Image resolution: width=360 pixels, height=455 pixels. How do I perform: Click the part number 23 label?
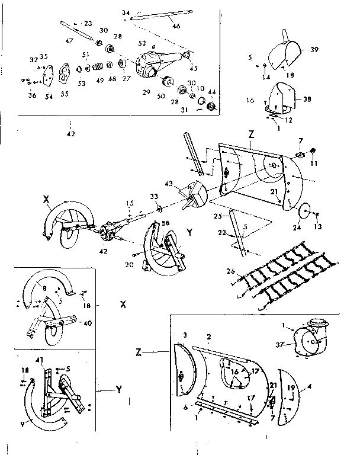88,23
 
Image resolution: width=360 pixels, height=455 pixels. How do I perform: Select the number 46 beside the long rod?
176,26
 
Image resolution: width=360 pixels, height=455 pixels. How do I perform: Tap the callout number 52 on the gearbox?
142,44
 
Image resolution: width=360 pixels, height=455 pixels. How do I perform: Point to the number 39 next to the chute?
314,50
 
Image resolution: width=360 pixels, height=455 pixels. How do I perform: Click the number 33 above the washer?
156,196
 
